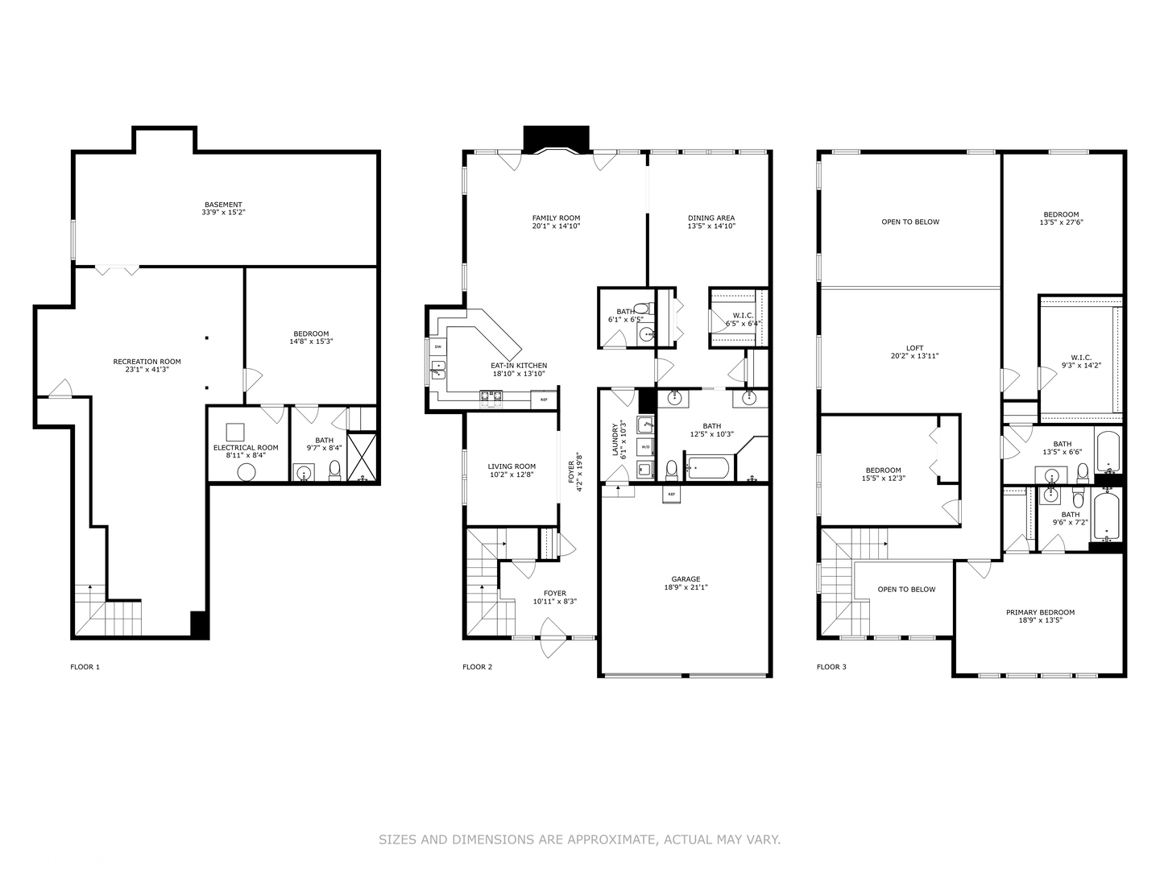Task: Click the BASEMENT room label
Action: pos(223,205)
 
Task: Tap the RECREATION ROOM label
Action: pos(147,362)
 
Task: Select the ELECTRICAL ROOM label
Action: pos(246,448)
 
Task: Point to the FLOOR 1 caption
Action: pos(85,667)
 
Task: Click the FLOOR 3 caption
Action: pos(831,667)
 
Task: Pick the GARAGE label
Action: pos(686,579)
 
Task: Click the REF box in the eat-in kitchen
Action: pos(544,400)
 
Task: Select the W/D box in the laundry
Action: pos(645,446)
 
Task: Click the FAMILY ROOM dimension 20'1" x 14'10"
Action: pos(556,226)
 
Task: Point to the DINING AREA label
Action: pos(711,217)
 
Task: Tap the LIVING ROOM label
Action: pos(512,466)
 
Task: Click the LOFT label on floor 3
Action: pos(914,348)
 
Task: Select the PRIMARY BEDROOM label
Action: pos(1040,612)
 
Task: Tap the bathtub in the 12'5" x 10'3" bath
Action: pos(708,467)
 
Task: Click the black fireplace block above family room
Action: pos(556,138)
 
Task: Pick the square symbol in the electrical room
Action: pos(235,431)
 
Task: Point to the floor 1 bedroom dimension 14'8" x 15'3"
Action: pos(311,342)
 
